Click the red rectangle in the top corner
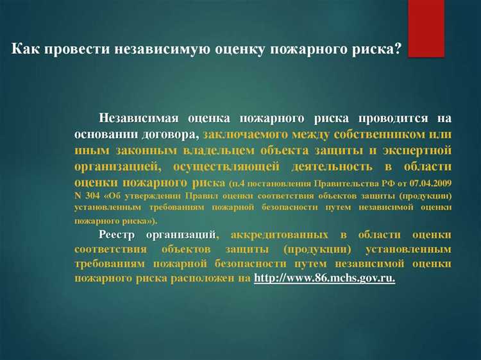tap(426, 28)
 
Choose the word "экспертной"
tap(419, 151)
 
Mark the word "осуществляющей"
tap(226, 167)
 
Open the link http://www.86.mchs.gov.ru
tap(325, 279)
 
